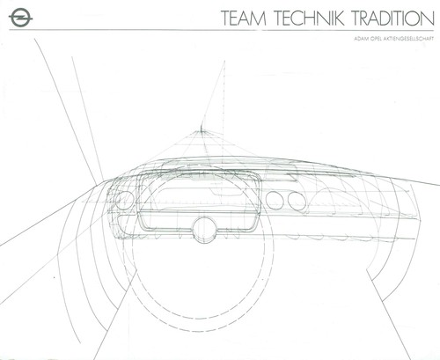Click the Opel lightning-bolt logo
[20, 18]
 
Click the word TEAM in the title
[244, 18]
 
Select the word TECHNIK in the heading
[310, 18]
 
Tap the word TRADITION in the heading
[393, 18]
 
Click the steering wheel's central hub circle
[204, 229]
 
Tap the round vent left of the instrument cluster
[125, 200]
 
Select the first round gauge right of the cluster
[275, 200]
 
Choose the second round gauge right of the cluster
[297, 201]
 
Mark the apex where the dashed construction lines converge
[202, 131]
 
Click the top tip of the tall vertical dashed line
[224, 61]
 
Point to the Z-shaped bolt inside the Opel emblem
[20, 18]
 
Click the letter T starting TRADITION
[357, 18]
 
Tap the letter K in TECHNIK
[338, 18]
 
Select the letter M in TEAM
[258, 18]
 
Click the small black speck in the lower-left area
[54, 277]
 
